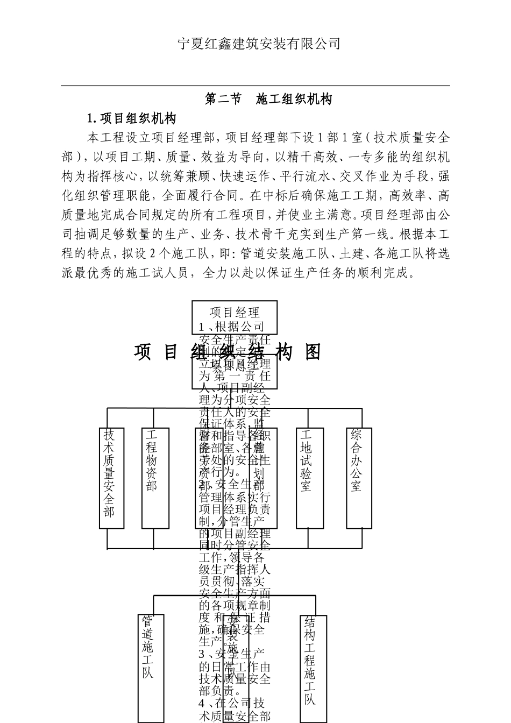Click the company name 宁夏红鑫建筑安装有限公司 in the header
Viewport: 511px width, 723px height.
tap(259, 44)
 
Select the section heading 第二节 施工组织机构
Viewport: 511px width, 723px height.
tap(268, 99)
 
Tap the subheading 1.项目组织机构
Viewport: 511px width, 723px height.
tap(132, 118)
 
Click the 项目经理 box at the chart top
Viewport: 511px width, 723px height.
tap(235, 312)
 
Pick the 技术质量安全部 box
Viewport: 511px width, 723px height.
tap(112, 478)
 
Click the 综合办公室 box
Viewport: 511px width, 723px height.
tap(359, 478)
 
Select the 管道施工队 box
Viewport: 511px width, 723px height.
tap(150, 667)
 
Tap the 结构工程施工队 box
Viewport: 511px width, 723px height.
tap(313, 667)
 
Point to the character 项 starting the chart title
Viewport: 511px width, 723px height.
tap(143, 352)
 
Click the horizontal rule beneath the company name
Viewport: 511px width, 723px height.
tap(256, 86)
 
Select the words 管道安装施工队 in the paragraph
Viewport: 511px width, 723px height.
tap(280, 253)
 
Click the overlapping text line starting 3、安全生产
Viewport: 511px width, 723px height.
tap(232, 654)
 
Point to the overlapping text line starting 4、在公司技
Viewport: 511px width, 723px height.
tap(232, 703)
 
